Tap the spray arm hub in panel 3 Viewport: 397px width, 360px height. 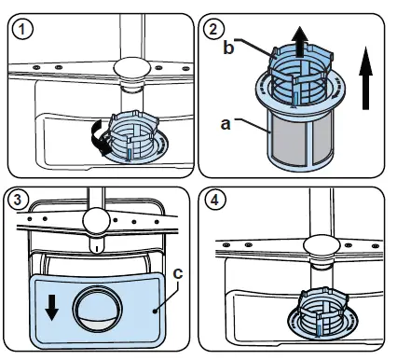point(94,222)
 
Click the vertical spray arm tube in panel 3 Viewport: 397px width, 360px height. point(94,198)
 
